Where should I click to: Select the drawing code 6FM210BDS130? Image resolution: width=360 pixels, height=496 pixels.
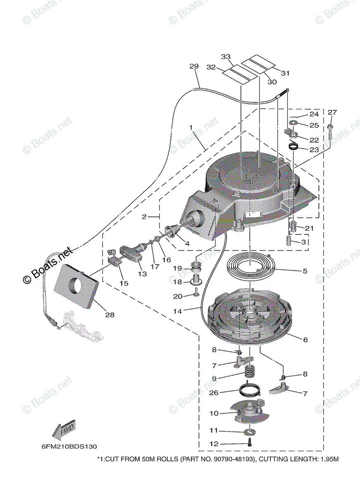coord(69,447)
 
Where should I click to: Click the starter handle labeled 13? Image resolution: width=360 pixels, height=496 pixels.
coord(131,253)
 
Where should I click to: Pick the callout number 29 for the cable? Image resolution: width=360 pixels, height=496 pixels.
coord(194,66)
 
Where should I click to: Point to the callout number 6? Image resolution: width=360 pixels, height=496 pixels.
coord(305,340)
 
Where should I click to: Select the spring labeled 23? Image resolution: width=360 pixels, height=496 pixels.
coord(294,146)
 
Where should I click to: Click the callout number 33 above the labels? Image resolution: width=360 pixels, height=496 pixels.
coord(226,57)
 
